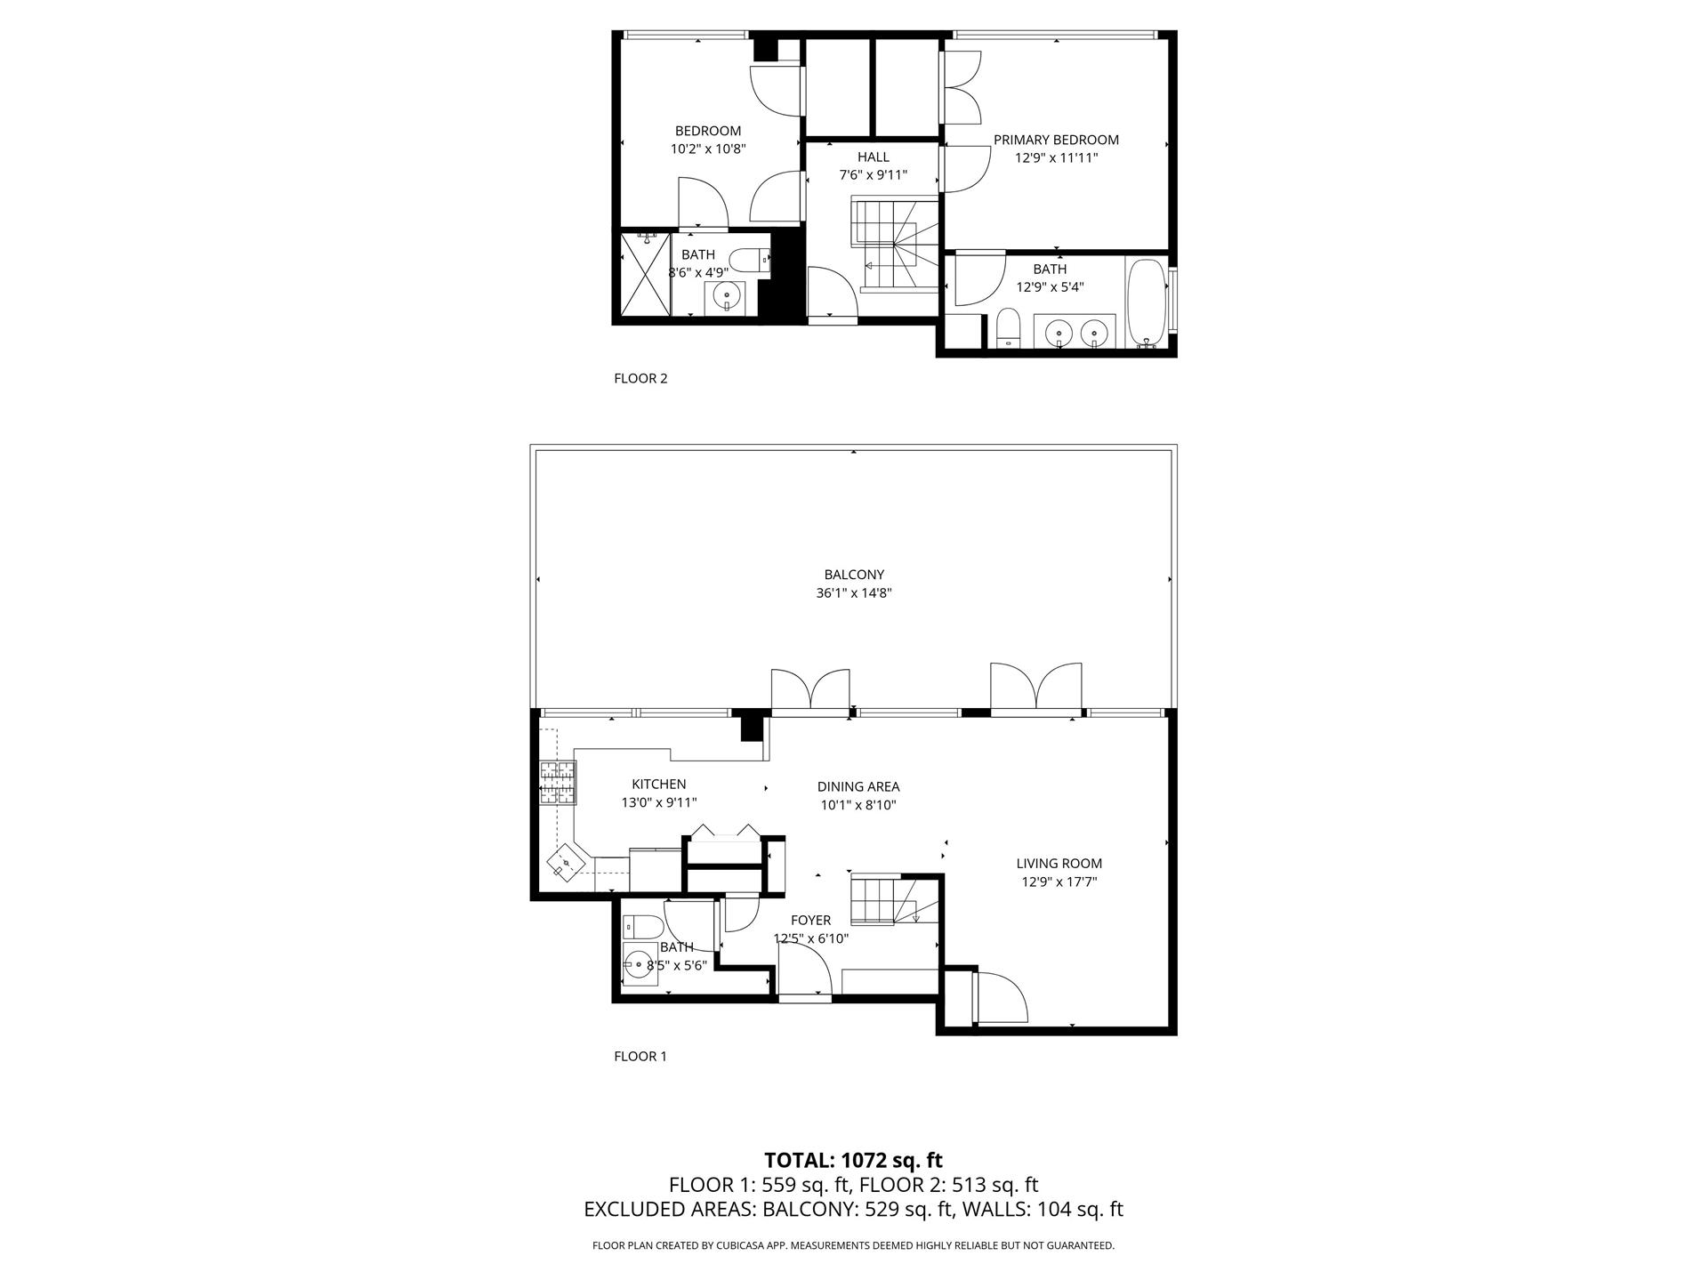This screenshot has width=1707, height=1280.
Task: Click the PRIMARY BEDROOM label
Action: pyautogui.click(x=1056, y=140)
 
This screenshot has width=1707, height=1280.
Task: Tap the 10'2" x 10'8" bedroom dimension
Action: pyautogui.click(x=707, y=149)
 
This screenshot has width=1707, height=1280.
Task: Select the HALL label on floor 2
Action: pyautogui.click(x=873, y=157)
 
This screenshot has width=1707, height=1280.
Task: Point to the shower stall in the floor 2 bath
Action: pyautogui.click(x=644, y=273)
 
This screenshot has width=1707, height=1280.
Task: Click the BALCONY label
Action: pyautogui.click(x=854, y=575)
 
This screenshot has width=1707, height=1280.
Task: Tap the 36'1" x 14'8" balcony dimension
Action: pyautogui.click(x=854, y=593)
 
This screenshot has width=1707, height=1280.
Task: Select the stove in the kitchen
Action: pyautogui.click(x=557, y=784)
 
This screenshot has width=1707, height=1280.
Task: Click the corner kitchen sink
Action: pyautogui.click(x=567, y=864)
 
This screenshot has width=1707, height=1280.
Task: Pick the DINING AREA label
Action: pyautogui.click(x=858, y=786)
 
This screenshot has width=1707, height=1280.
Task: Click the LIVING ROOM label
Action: pyautogui.click(x=1059, y=863)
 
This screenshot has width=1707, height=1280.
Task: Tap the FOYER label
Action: pyautogui.click(x=810, y=920)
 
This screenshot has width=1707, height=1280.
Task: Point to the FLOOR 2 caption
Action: pyautogui.click(x=640, y=378)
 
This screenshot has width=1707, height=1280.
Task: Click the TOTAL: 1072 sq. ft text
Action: pyautogui.click(x=853, y=1160)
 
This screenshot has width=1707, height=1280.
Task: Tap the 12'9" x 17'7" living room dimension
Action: pyautogui.click(x=1059, y=882)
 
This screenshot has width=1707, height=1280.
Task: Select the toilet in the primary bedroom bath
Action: pyautogui.click(x=1008, y=328)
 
